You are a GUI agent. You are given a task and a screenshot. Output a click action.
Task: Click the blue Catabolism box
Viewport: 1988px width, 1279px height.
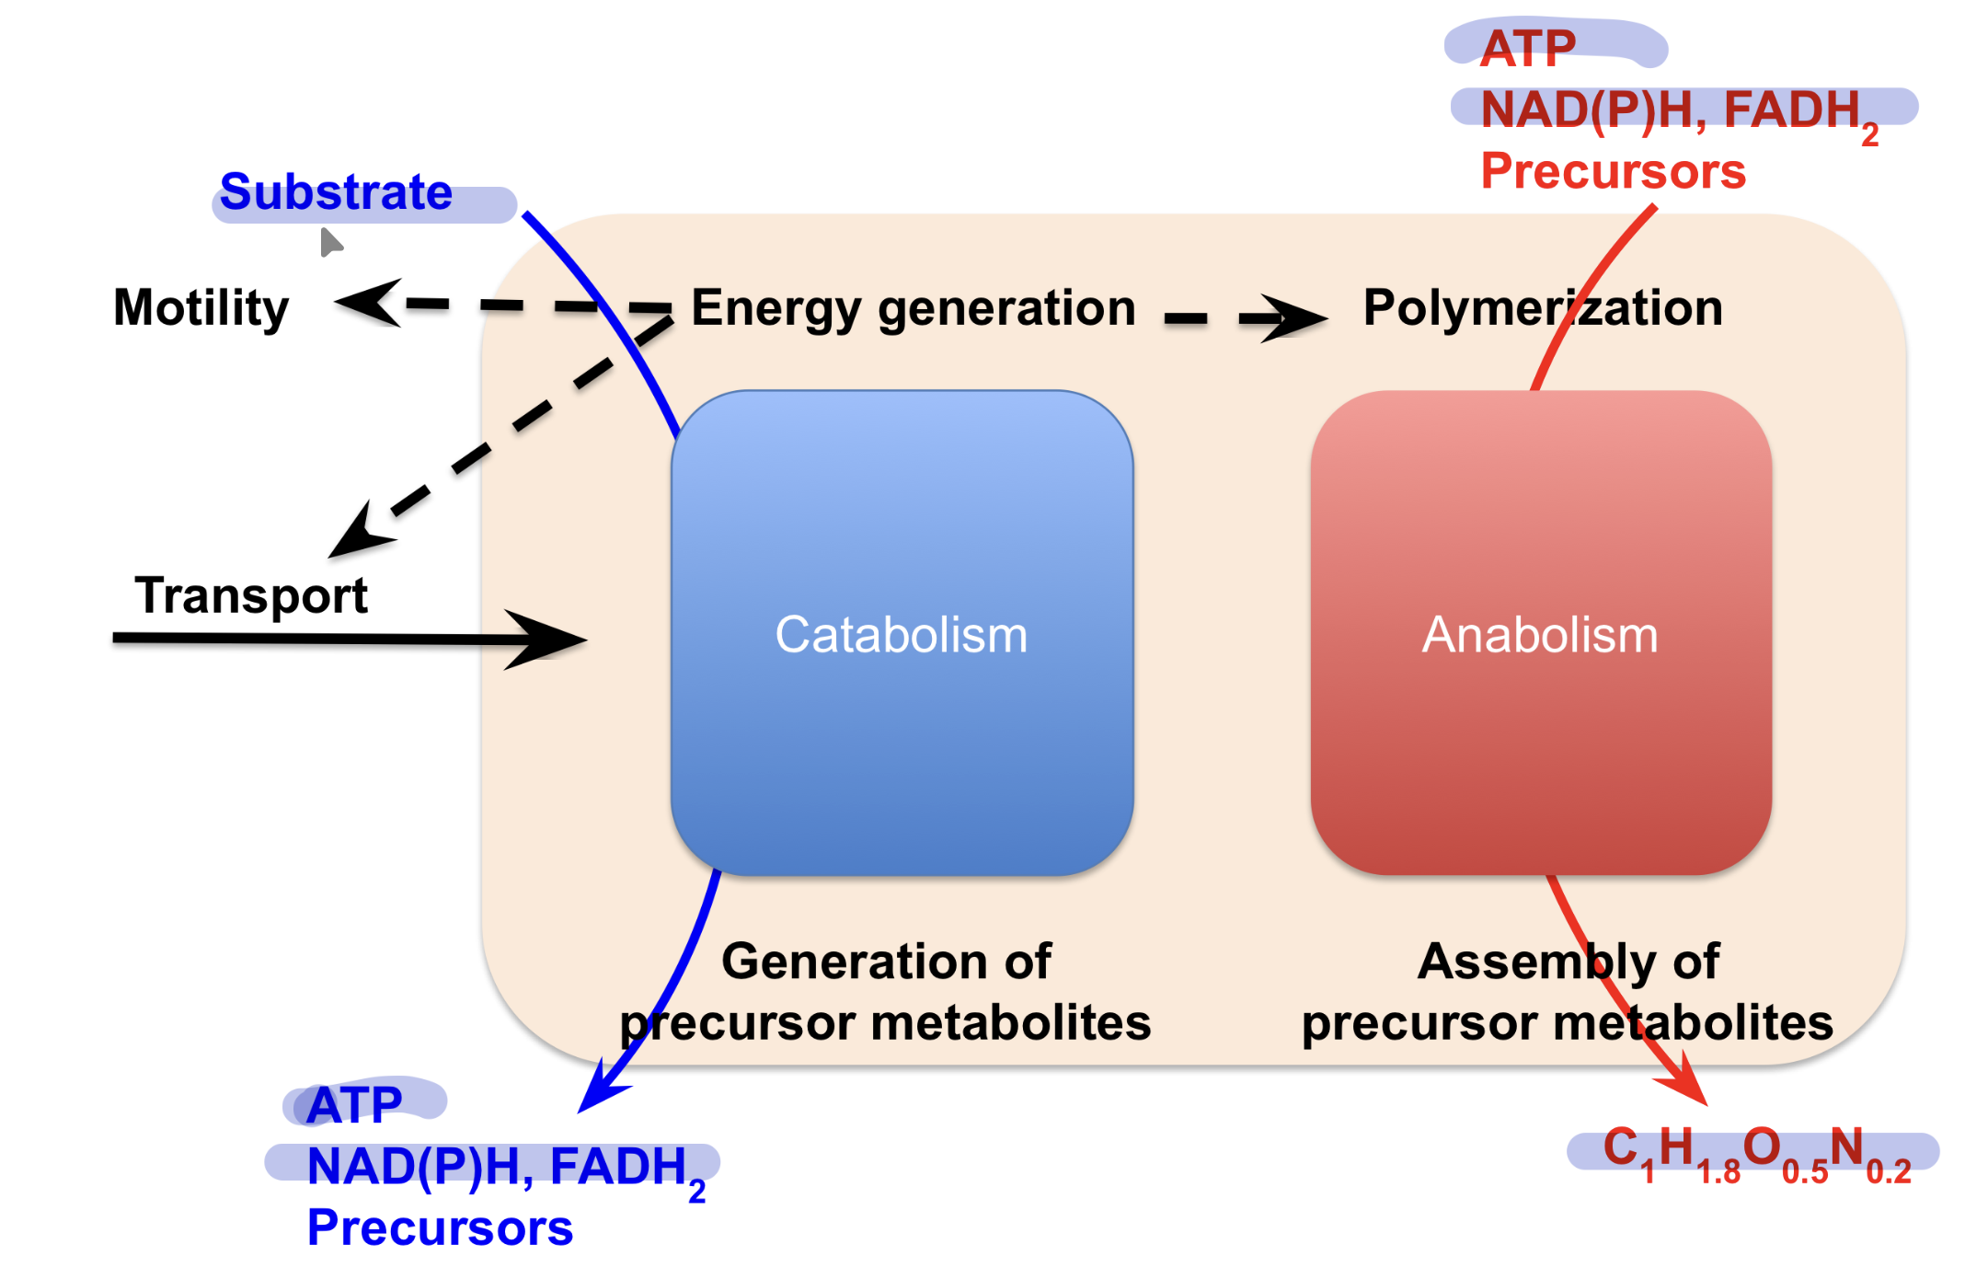[x=902, y=633]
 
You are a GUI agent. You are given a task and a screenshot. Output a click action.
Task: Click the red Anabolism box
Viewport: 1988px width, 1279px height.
[x=1541, y=633]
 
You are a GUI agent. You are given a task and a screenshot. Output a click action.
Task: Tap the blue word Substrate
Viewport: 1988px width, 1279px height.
[x=336, y=192]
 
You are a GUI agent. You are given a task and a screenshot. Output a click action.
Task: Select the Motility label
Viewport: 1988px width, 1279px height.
[x=201, y=307]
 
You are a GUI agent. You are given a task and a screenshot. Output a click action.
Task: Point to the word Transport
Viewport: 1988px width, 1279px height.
[x=251, y=595]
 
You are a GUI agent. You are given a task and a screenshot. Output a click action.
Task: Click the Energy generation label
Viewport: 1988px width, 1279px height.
[x=914, y=308]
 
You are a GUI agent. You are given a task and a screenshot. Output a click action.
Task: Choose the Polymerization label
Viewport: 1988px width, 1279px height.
[x=1543, y=307]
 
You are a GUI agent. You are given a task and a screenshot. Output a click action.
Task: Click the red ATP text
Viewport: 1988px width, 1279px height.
[x=1528, y=48]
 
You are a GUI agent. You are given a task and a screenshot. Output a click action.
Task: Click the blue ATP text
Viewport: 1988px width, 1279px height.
[x=354, y=1104]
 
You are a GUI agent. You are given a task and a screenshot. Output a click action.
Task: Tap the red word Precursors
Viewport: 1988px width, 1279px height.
[x=1613, y=171]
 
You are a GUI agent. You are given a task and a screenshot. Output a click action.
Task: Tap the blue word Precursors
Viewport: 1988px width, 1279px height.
[x=440, y=1227]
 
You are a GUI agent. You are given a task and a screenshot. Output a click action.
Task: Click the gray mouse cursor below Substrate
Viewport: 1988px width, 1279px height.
[x=331, y=243]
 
